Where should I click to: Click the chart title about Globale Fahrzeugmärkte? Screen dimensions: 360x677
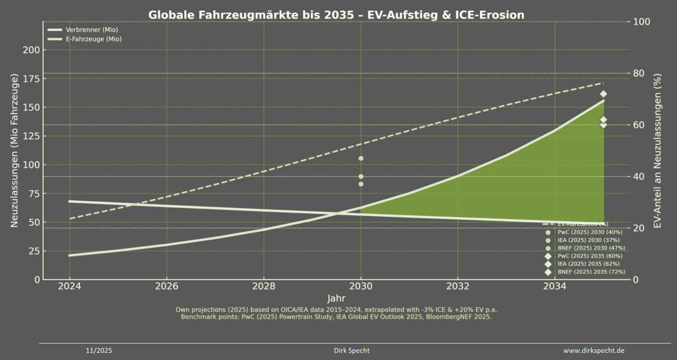(336, 15)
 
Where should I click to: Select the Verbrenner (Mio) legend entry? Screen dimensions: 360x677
(91, 30)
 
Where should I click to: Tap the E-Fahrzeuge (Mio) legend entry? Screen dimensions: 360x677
(93, 39)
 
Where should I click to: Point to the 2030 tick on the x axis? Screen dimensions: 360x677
(361, 286)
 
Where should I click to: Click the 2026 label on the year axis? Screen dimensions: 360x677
(166, 286)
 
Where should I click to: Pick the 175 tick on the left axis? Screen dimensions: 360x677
(31, 79)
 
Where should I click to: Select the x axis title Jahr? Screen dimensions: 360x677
(336, 298)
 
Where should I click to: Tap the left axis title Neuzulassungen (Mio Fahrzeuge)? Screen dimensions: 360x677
(14, 151)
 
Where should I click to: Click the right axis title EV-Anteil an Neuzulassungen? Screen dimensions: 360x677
(657, 151)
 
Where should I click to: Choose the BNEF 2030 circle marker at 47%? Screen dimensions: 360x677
(361, 158)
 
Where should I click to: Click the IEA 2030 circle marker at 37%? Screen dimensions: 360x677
(361, 184)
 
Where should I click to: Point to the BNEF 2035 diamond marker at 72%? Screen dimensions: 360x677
(603, 94)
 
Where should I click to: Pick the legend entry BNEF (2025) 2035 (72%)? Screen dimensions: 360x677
(591, 272)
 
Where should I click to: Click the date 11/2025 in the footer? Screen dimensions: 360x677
(99, 351)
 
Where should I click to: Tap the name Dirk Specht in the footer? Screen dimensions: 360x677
(351, 351)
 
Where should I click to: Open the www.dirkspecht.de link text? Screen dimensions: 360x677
(594, 351)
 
